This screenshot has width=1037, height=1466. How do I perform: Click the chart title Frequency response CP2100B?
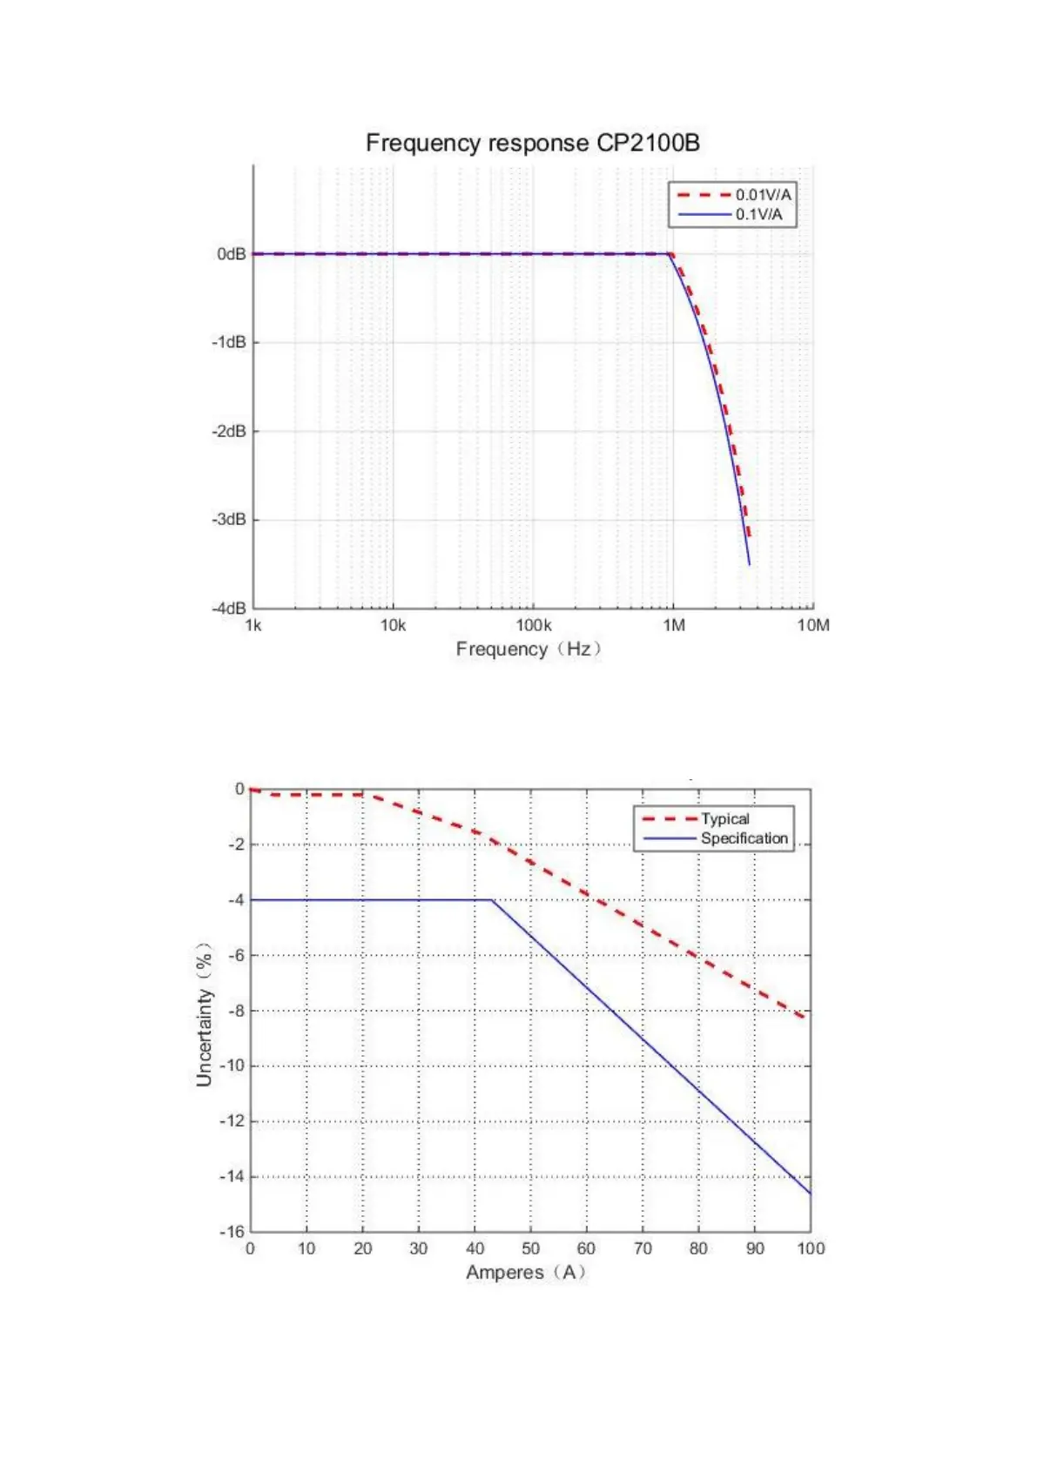point(532,143)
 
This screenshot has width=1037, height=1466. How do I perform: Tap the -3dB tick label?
point(229,520)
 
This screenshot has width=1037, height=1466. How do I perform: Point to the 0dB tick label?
point(232,254)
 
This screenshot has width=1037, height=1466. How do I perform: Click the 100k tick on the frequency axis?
point(533,625)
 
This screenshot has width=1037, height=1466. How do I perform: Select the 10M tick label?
point(813,625)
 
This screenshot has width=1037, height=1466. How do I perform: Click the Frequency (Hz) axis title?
point(529,649)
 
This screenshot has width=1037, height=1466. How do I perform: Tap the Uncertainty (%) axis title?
point(204,1014)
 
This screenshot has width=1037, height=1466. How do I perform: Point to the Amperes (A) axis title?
point(526,1273)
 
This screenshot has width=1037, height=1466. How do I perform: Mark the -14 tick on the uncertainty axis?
point(232,1176)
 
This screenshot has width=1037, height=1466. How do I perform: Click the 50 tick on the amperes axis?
point(530,1248)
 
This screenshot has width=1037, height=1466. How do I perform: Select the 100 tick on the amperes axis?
point(811,1248)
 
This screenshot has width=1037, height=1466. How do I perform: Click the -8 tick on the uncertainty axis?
point(236,1011)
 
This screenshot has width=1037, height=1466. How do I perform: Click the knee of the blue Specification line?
point(492,900)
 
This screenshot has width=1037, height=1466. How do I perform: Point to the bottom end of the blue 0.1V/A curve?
point(749,564)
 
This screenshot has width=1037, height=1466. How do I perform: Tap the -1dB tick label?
point(229,342)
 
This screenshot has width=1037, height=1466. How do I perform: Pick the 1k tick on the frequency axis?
point(253,625)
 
